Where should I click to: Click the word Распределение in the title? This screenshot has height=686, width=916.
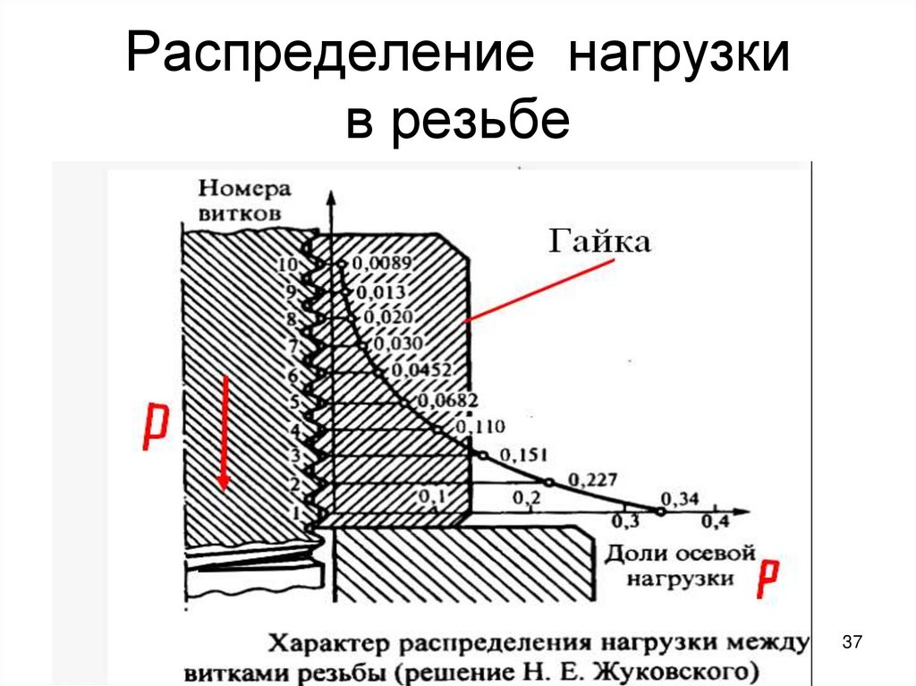click(330, 56)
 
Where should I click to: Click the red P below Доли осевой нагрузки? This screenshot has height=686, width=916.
click(768, 580)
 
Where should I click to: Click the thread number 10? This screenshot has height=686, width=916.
click(286, 265)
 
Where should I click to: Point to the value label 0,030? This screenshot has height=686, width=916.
click(399, 343)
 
